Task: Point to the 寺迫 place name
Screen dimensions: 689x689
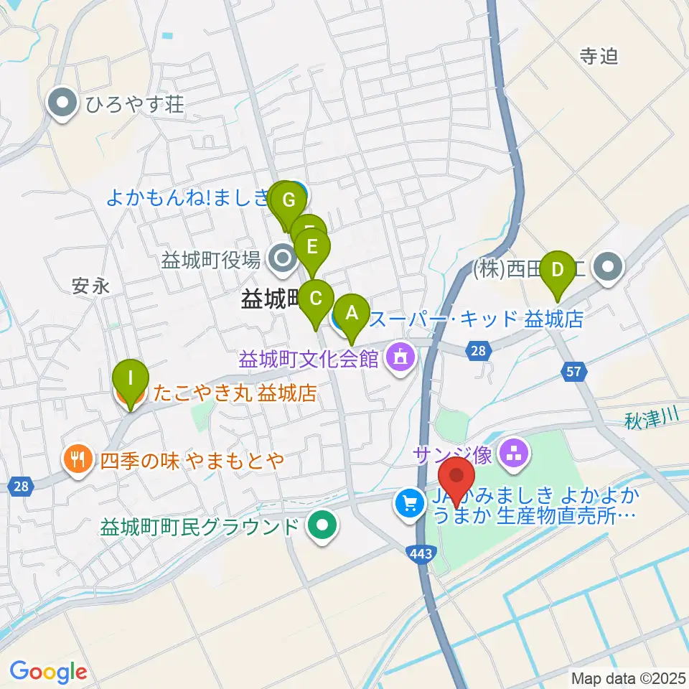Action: [x=599, y=57]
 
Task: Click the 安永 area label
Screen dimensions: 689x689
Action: [x=91, y=286]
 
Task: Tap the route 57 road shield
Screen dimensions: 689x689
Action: [x=575, y=371]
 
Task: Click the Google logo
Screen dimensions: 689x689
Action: [x=48, y=672]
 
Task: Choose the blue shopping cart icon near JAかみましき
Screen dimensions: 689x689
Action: [x=409, y=502]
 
